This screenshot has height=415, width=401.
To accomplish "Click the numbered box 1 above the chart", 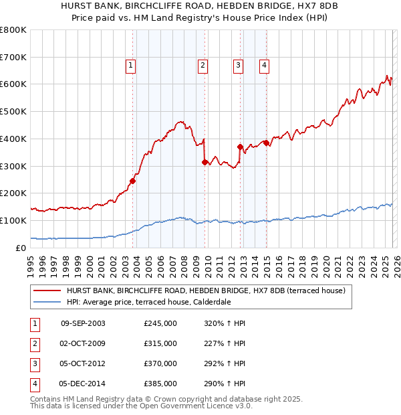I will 130,65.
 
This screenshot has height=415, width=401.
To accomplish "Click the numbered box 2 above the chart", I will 202,65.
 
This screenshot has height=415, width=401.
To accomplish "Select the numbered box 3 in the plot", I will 238,65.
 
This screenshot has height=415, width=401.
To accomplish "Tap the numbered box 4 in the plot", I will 265,65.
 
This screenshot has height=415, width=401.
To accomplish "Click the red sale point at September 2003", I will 132,181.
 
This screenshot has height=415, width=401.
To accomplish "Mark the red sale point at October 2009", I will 205,161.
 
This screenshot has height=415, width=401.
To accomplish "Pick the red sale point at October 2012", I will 240,147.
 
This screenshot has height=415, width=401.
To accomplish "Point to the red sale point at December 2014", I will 266,143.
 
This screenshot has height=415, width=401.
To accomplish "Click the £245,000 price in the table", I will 160,323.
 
